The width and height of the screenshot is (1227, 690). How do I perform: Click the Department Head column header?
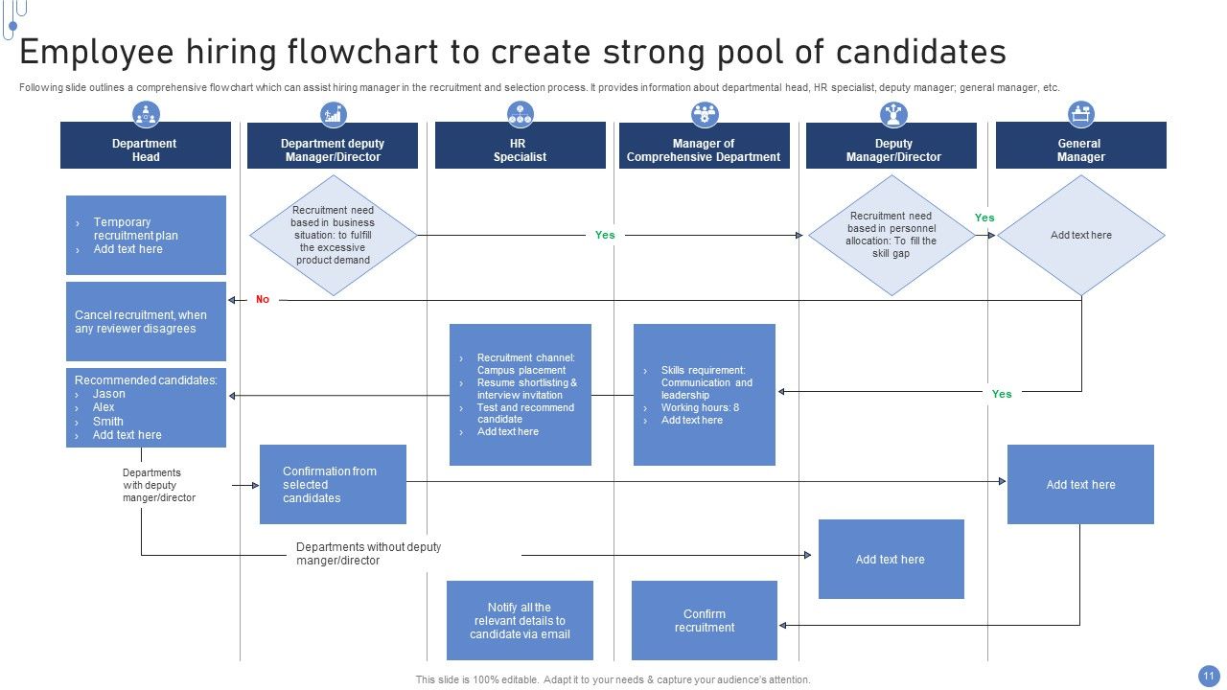coord(145,149)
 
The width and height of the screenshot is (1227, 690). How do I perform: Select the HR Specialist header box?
coord(520,149)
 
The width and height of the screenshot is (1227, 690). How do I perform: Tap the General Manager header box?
coord(1080,149)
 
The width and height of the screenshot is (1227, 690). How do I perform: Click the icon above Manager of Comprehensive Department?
coord(705,115)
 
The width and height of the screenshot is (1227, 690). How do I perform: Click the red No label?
coord(263,300)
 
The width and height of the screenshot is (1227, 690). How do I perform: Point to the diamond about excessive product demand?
coord(333,235)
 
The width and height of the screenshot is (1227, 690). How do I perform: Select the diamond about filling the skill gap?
coord(891,235)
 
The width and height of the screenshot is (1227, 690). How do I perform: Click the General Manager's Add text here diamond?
coord(1080,235)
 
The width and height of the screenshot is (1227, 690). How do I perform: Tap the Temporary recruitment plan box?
coord(146,235)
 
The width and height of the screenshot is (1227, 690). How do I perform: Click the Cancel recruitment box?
coord(146,321)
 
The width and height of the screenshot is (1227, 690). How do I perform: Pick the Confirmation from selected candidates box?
coord(333,484)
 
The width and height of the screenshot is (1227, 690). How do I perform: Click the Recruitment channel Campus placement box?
coord(520,394)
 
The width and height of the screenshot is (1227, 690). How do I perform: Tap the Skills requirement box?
coord(704,394)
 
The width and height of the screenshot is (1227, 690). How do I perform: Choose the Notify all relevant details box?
coord(520,620)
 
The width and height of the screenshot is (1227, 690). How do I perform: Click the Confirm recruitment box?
coord(704,620)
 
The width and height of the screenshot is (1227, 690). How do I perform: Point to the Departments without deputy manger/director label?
coord(368,553)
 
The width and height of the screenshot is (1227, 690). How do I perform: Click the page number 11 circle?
coord(1207,674)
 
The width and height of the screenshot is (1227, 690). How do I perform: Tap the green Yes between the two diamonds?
coord(984,218)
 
